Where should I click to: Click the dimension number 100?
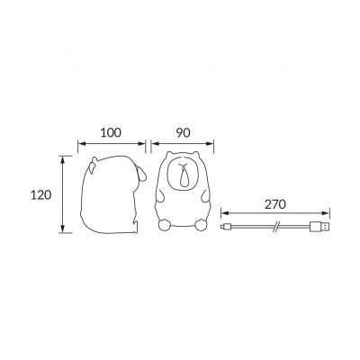[112, 132]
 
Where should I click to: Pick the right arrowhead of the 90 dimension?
[216, 144]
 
